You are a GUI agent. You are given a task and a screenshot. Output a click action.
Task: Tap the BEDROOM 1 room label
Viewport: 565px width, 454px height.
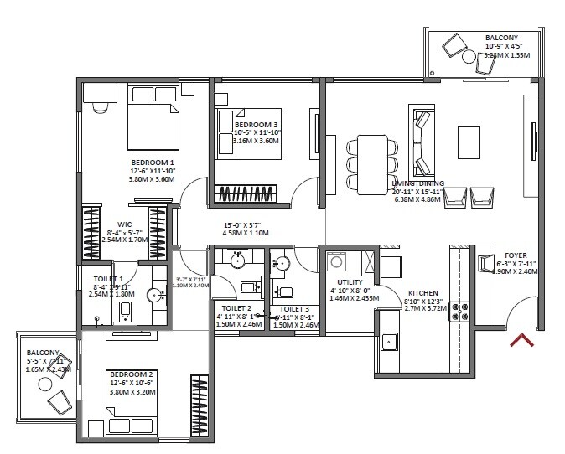click(x=152, y=163)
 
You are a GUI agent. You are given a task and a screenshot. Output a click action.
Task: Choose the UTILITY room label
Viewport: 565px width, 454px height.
click(x=350, y=282)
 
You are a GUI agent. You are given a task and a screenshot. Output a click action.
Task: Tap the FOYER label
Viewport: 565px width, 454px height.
click(x=516, y=255)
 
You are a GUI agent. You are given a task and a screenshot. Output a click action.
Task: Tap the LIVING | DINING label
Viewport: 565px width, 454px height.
click(x=417, y=183)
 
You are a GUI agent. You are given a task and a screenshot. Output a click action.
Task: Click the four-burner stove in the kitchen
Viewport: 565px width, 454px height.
click(x=460, y=312)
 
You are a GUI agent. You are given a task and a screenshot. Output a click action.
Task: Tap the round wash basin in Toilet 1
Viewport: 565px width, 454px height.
click(x=153, y=295)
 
